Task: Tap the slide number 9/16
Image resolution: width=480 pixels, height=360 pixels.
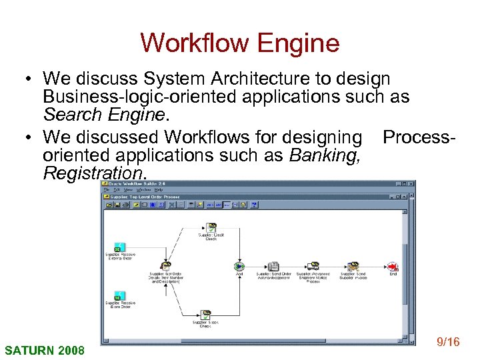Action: point(447,342)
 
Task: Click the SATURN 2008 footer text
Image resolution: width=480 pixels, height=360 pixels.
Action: point(45,350)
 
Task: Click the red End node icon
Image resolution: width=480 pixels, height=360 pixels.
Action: point(393,266)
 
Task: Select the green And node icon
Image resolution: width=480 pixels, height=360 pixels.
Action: point(239,266)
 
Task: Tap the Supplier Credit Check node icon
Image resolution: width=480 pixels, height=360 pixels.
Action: point(211,227)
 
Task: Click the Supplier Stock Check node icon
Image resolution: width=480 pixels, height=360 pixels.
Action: point(206,314)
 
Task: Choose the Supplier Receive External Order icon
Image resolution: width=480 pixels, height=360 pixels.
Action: point(121,247)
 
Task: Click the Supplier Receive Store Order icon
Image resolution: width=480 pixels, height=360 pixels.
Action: point(121,296)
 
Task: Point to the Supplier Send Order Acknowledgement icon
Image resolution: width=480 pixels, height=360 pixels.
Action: point(273,266)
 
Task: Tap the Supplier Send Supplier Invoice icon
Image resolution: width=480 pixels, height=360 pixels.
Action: point(353,266)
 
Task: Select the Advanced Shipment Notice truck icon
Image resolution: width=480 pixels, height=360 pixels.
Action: point(313,266)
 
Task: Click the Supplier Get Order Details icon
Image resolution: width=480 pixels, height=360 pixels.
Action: point(165,266)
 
